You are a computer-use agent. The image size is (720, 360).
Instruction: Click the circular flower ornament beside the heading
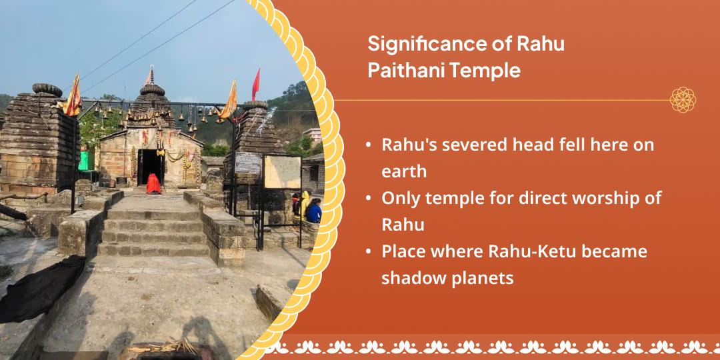(683, 100)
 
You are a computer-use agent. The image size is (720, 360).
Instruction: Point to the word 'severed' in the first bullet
(473, 145)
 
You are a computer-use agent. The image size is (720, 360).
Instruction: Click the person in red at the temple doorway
(153, 183)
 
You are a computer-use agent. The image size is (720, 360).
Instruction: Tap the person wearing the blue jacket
(313, 213)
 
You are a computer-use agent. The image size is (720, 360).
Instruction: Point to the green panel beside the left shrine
(85, 161)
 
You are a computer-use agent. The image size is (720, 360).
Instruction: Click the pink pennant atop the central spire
(151, 75)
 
